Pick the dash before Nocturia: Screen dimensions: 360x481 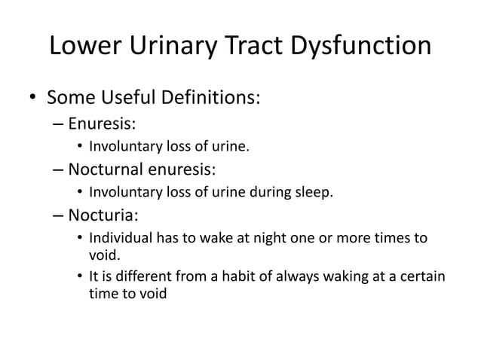pos(60,216)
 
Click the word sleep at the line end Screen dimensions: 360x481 pos(315,192)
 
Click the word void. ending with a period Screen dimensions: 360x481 pos(104,256)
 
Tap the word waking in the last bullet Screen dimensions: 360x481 pos(343,276)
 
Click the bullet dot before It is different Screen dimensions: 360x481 pos(80,276)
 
